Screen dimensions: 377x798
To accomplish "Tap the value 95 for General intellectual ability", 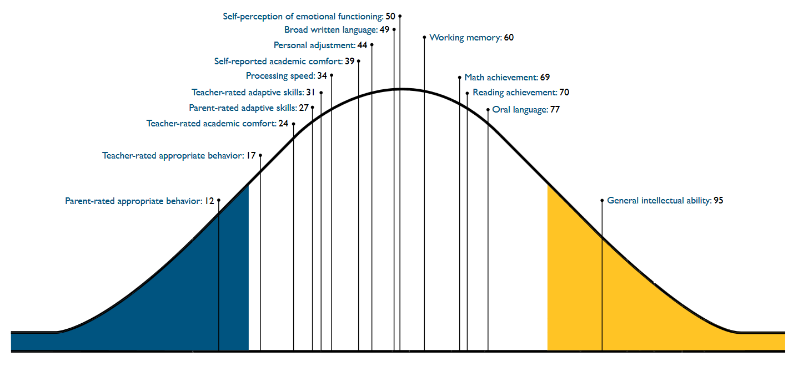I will click(x=718, y=201).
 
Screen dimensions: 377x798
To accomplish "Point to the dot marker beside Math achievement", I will click(x=460, y=78).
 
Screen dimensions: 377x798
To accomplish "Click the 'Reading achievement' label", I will click(x=515, y=93).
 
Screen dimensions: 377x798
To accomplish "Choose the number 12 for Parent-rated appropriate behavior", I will click(x=209, y=201).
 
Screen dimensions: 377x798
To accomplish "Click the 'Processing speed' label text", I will click(x=280, y=76).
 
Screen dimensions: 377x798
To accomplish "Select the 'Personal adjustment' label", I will click(x=314, y=45).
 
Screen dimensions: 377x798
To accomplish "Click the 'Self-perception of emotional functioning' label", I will click(x=303, y=17).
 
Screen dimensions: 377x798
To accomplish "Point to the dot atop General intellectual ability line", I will click(x=602, y=201).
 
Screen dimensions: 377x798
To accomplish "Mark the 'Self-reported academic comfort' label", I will click(x=278, y=62).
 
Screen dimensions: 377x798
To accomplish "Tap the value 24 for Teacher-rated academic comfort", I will click(x=283, y=124).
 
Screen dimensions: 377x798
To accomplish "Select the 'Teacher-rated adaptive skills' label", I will click(x=248, y=93).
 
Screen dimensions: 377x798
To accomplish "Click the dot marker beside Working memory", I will click(x=424, y=38).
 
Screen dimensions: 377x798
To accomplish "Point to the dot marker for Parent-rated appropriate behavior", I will click(x=219, y=200).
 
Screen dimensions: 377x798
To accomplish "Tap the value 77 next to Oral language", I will click(x=555, y=110).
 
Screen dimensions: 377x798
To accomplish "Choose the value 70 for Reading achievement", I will click(x=564, y=93).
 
